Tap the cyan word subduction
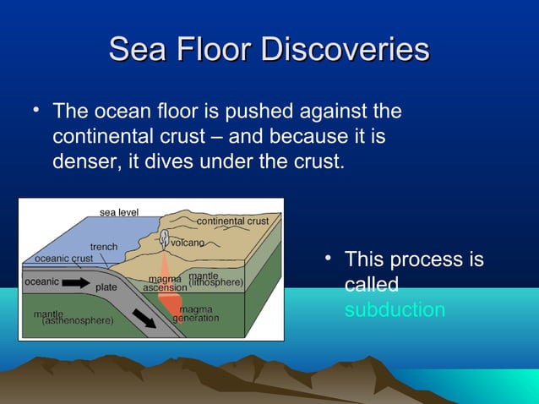pyautogui.click(x=395, y=309)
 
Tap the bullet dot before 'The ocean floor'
pyautogui.click(x=36, y=110)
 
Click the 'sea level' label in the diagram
pyautogui.click(x=119, y=212)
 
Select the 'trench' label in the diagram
pyautogui.click(x=105, y=247)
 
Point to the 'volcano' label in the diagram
pyautogui.click(x=188, y=243)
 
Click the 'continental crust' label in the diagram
pyautogui.click(x=232, y=221)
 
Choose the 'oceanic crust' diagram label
pyautogui.click(x=63, y=258)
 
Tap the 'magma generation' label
pyautogui.click(x=195, y=314)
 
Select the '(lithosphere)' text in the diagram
pyautogui.click(x=215, y=281)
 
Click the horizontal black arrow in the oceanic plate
pyautogui.click(x=74, y=283)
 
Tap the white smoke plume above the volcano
pyautogui.click(x=165, y=241)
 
